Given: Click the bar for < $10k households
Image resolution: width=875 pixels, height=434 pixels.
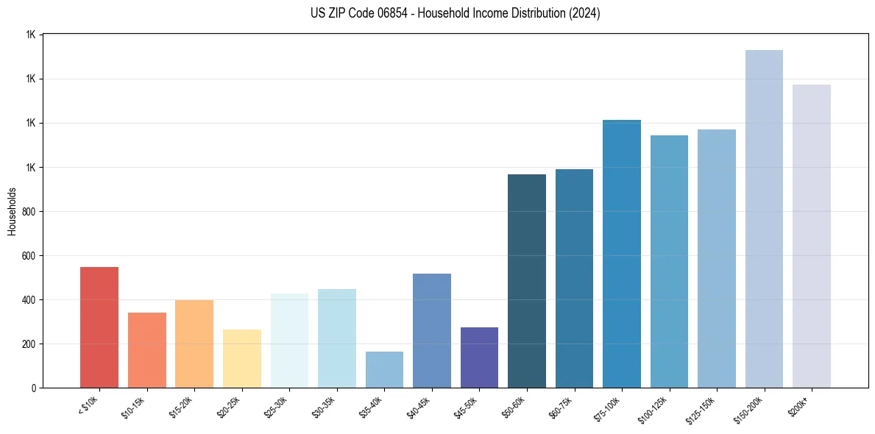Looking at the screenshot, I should (99, 327).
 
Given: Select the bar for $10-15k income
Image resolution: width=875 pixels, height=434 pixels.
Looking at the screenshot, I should (146, 350).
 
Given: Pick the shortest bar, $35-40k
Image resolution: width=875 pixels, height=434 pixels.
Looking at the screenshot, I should (384, 369).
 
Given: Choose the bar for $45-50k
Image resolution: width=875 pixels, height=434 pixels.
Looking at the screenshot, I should (479, 357).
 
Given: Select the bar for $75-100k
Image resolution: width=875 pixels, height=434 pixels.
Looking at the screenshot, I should (622, 254).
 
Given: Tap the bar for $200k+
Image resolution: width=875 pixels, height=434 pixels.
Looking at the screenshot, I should (812, 236).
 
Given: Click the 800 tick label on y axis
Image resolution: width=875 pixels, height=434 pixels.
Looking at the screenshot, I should (29, 212).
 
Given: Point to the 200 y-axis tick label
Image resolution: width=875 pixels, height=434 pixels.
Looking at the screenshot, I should (29, 344).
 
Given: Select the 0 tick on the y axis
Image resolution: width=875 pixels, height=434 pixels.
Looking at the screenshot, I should (34, 388).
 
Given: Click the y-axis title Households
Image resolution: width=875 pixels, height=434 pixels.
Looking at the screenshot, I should (13, 211).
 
